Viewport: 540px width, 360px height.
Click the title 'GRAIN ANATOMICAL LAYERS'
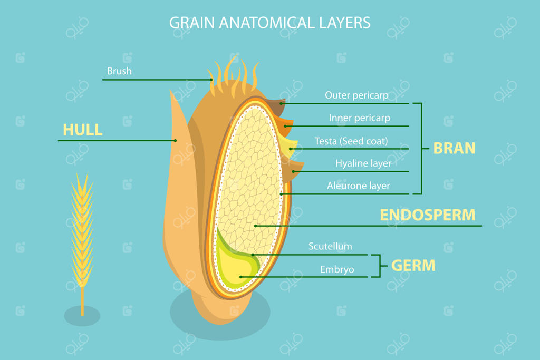click(269, 23)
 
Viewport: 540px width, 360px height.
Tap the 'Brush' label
click(120, 71)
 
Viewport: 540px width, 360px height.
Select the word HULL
click(83, 130)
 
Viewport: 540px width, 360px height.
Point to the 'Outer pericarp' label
click(356, 95)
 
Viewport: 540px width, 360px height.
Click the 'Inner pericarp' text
click(360, 118)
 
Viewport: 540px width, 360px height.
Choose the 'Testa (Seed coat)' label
click(351, 141)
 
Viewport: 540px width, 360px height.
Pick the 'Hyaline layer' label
click(363, 163)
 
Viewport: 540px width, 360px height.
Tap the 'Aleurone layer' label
click(359, 186)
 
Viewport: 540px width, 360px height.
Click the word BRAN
click(454, 148)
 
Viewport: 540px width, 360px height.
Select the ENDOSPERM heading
click(428, 215)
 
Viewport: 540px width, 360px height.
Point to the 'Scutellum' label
click(330, 247)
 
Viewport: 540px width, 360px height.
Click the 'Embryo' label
click(337, 269)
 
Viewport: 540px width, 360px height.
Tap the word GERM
click(413, 266)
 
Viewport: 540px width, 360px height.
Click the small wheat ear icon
click(82, 241)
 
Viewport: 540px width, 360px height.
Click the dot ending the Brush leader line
click(211, 80)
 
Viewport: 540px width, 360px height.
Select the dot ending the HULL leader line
click(175, 140)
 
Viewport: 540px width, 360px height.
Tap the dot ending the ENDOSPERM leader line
click(256, 226)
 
